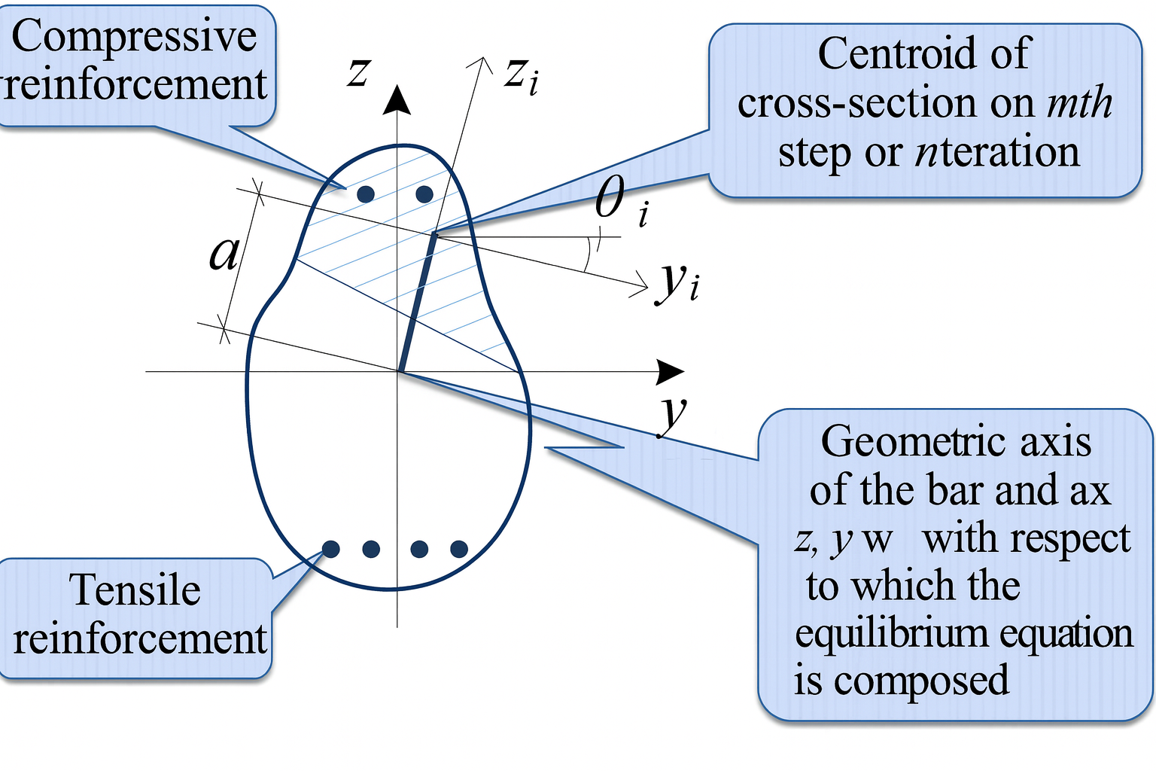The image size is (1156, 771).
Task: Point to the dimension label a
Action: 224,254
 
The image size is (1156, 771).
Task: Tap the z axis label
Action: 357,73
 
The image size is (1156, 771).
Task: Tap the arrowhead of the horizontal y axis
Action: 669,370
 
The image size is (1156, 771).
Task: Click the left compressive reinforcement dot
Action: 366,194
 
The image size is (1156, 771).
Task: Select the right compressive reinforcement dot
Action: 424,194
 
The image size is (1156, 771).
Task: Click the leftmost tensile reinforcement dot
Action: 330,549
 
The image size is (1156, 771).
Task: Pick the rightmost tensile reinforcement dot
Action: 459,549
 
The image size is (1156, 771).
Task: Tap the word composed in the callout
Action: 921,681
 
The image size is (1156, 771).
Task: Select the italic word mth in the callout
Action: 1079,103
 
